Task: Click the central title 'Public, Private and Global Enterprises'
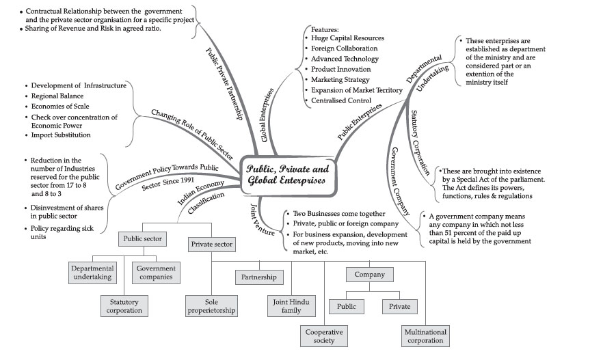click(x=288, y=175)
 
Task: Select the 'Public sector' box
click(x=142, y=239)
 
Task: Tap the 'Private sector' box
click(x=211, y=243)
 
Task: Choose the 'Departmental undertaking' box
click(x=92, y=273)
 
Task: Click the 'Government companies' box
click(x=155, y=273)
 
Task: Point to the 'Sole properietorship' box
click(x=211, y=305)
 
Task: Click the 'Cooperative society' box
click(x=324, y=336)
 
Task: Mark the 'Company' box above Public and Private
click(x=370, y=275)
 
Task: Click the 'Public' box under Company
click(x=347, y=307)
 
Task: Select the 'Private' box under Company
click(x=399, y=307)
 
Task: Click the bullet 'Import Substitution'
click(x=61, y=135)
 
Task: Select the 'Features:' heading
click(x=325, y=29)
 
